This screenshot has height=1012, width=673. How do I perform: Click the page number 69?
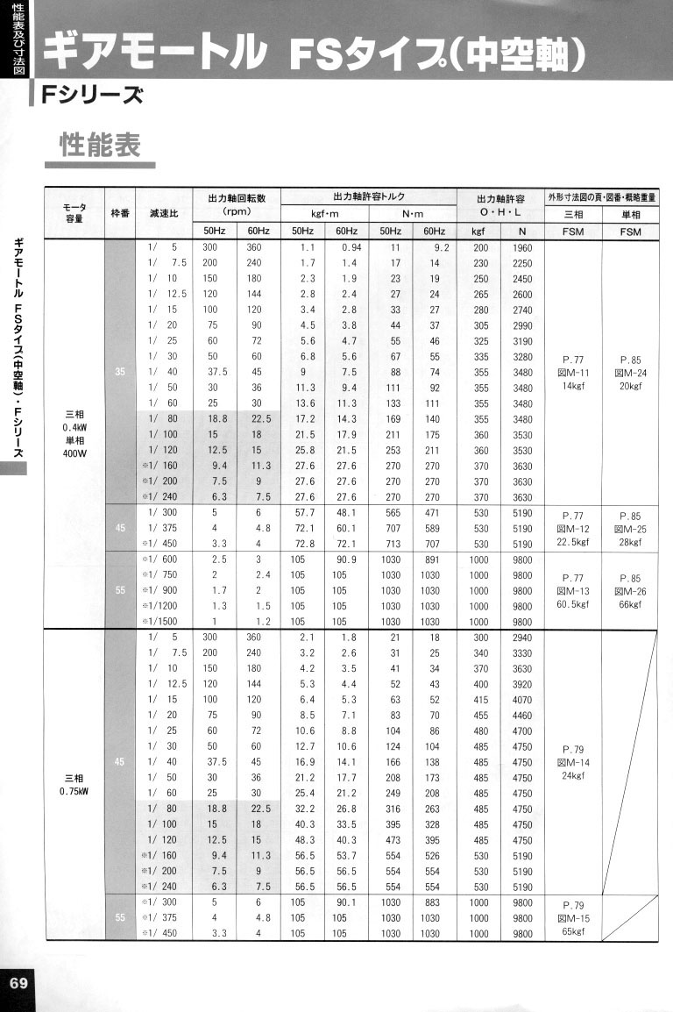pos(18,982)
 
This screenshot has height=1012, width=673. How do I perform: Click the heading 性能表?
pos(100,144)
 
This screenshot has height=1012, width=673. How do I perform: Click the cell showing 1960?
pos(522,248)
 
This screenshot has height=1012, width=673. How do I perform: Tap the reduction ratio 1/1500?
pos(164,622)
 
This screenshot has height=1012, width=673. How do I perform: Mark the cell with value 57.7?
pos(302,511)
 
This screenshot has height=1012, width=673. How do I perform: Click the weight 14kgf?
pos(573,386)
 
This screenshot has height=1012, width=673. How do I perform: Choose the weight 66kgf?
pos(630,605)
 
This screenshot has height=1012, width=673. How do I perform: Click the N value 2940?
pos(522,637)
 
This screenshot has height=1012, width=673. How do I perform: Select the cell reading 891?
pos(429,559)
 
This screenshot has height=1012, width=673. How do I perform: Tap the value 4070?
pos(522,700)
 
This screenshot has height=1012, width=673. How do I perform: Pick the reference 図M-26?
pos(630,591)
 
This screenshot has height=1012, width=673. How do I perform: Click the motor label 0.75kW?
pos(74,794)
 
